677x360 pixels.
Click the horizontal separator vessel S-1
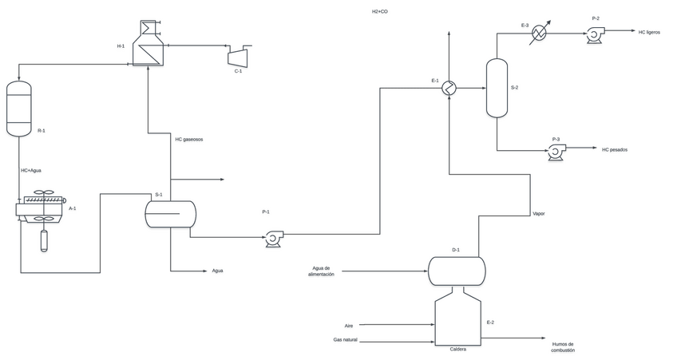[170, 213]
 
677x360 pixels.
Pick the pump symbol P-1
[274, 237]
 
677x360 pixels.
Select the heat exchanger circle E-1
[449, 88]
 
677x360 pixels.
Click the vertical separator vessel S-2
[497, 88]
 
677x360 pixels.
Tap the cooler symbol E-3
[540, 33]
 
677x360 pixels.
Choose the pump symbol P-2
[594, 33]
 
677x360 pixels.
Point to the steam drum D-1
[457, 271]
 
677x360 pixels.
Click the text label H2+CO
[379, 12]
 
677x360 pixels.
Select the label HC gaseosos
[189, 139]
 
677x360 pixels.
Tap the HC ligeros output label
[649, 33]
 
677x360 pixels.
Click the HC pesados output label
[615, 149]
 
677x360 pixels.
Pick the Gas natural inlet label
[345, 340]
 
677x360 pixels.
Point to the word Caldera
[457, 349]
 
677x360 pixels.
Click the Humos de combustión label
[562, 347]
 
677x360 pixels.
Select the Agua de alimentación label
[321, 271]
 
